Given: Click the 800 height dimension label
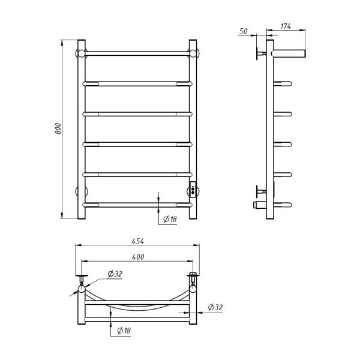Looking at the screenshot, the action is click(58, 128).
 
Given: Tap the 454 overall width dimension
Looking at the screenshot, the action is click(138, 241).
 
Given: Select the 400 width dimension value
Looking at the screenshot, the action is click(138, 257).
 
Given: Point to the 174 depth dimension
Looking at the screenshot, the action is click(286, 26).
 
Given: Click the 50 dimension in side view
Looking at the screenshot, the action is click(244, 31).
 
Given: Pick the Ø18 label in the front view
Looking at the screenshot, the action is click(170, 219).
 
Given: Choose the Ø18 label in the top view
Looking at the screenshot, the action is click(124, 331).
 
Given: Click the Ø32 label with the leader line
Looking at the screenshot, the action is click(115, 274).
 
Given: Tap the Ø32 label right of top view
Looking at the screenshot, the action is click(215, 307).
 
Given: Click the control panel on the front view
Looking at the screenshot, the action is click(193, 190).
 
